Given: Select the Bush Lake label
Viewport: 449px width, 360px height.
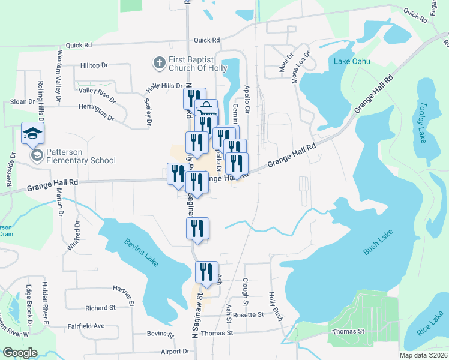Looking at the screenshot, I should [x=378, y=242].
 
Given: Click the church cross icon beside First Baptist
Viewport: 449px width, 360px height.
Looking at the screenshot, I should [x=159, y=62].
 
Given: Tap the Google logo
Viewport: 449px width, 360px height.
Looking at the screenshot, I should [x=20, y=353].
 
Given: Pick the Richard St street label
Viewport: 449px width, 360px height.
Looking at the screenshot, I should [x=100, y=308].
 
